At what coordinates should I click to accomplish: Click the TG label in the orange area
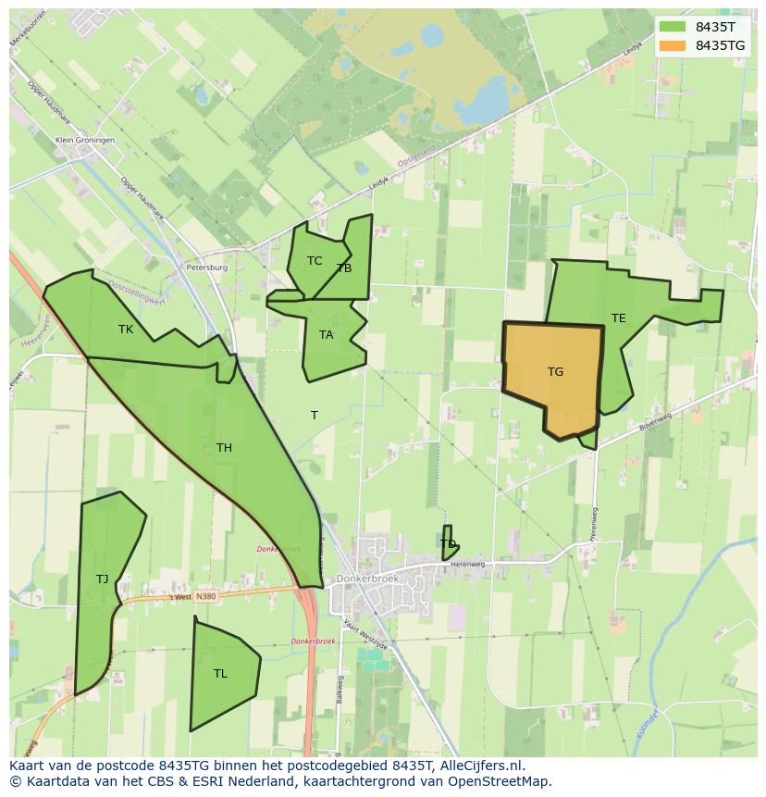pyautogui.click(x=555, y=372)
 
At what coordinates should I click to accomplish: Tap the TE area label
pyautogui.click(x=618, y=318)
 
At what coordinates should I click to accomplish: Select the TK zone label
pyautogui.click(x=126, y=330)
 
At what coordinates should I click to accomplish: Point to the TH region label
pyautogui.click(x=224, y=448)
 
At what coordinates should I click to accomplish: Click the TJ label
pyautogui.click(x=102, y=579)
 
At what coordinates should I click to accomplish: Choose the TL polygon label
pyautogui.click(x=220, y=674)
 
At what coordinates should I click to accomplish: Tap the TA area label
pyautogui.click(x=326, y=335)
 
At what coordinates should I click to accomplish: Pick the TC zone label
pyautogui.click(x=315, y=261)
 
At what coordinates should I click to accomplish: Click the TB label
pyautogui.click(x=344, y=268)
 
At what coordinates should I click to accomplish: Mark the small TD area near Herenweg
pyautogui.click(x=449, y=543)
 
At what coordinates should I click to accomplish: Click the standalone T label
pyautogui.click(x=315, y=416)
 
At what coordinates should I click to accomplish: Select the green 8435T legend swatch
pyautogui.click(x=673, y=28)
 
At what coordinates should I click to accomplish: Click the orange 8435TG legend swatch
pyautogui.click(x=673, y=45)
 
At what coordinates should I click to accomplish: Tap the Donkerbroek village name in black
pyautogui.click(x=366, y=579)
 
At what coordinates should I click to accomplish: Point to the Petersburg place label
pyautogui.click(x=206, y=268)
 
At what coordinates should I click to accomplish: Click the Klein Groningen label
pyautogui.click(x=85, y=140)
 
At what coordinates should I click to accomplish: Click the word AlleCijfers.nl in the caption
pyautogui.click(x=480, y=766)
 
